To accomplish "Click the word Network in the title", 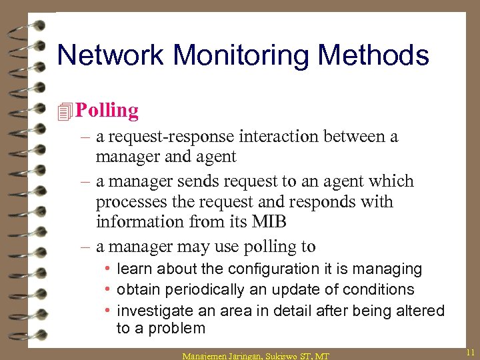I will click(x=109, y=55).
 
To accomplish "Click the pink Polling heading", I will click(x=107, y=110).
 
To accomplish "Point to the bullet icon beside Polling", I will click(x=65, y=111).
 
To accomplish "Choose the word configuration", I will click(x=274, y=269).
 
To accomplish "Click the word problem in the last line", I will click(x=176, y=328).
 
